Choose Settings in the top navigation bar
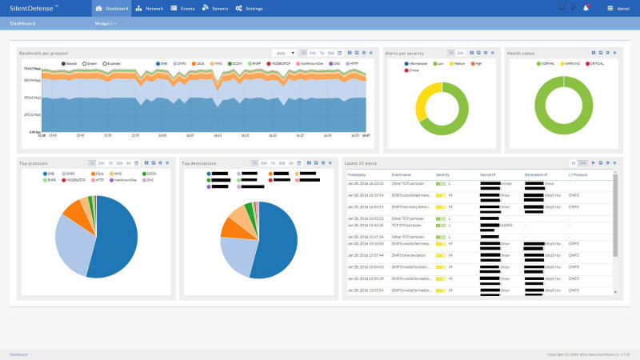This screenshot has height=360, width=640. [x=250, y=8]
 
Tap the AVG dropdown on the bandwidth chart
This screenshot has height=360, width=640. [x=284, y=53]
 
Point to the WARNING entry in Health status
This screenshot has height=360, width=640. [x=566, y=62]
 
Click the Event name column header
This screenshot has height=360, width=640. [x=402, y=174]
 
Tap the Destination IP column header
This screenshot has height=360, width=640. [x=536, y=174]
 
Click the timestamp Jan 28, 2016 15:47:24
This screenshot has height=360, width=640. [x=366, y=237]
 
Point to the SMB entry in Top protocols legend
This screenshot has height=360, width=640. [x=49, y=173]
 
